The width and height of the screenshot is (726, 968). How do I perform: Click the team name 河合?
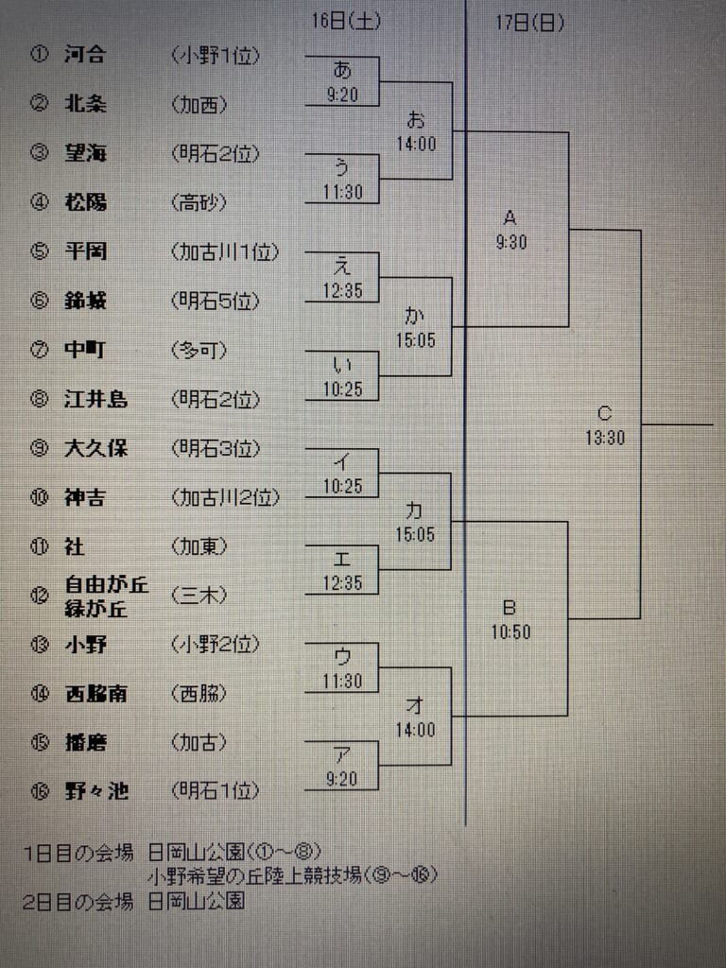click(84, 54)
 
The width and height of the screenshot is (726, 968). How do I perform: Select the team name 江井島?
click(95, 399)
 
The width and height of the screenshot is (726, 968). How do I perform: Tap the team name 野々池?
click(96, 791)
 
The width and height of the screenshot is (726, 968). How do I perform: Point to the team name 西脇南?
click(95, 693)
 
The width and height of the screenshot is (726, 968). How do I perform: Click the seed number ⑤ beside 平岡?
click(39, 251)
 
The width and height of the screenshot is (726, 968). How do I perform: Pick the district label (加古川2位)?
click(225, 497)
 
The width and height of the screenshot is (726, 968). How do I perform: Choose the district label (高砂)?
click(199, 202)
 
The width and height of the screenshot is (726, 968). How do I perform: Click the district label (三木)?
click(199, 596)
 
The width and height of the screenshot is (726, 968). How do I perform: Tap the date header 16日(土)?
click(346, 21)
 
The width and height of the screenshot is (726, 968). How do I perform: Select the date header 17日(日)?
click(529, 23)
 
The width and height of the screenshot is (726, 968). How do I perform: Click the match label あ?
click(342, 70)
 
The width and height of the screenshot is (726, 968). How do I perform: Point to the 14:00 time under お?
click(416, 144)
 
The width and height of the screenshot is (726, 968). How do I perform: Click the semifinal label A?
click(510, 218)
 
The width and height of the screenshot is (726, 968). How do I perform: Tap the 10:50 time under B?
click(510, 631)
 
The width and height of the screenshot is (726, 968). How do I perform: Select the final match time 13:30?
click(605, 438)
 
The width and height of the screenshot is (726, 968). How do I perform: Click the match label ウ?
click(341, 656)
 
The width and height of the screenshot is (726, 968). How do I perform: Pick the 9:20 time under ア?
click(341, 779)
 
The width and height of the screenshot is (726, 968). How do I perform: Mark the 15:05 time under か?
click(416, 340)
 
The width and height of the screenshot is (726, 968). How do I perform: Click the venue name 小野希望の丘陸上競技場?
click(255, 874)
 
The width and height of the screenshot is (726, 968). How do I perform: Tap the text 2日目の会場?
click(78, 901)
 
